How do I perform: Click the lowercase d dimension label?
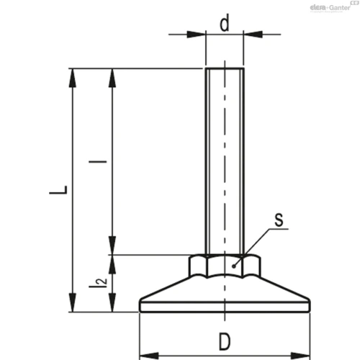point(225,23)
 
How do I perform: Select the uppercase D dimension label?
point(225,341)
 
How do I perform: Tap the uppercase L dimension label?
point(58,190)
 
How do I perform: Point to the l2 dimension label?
point(98,282)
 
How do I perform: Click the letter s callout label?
point(279,220)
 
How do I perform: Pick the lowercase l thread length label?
point(98,161)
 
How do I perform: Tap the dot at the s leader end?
point(233,266)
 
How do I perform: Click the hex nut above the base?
point(225,266)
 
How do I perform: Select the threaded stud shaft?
point(225,161)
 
